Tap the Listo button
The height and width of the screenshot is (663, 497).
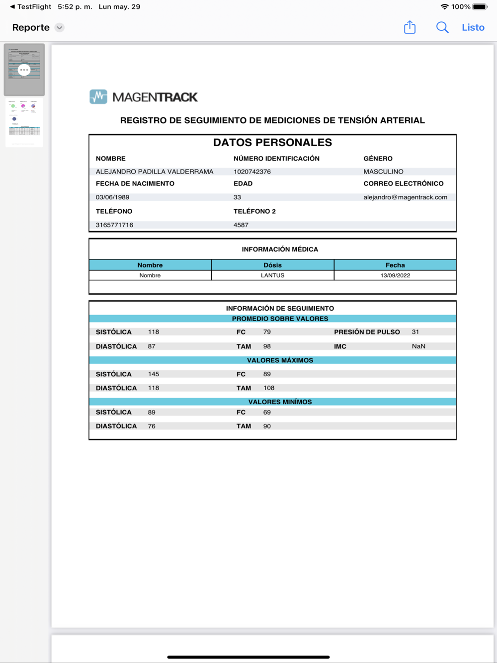(x=473, y=28)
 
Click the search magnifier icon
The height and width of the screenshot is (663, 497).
(x=442, y=28)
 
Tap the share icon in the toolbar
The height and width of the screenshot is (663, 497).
(x=410, y=27)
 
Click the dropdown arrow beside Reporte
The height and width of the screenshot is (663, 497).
(x=60, y=28)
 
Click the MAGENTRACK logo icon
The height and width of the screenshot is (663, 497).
(x=98, y=97)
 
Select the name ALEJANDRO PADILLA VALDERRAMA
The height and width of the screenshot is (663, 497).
(x=154, y=171)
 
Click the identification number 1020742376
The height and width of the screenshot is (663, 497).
(x=252, y=171)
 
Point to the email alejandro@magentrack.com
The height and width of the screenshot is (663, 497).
(x=405, y=197)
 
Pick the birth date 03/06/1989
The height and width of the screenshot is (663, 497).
(x=112, y=197)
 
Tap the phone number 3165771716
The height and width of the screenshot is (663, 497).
(x=114, y=225)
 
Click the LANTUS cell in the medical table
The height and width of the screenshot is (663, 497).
(x=272, y=275)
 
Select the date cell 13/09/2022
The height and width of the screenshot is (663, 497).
(x=395, y=275)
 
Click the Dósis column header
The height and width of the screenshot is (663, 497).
(x=272, y=265)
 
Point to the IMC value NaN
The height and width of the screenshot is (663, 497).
(x=418, y=346)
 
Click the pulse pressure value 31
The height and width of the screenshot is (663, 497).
(x=415, y=332)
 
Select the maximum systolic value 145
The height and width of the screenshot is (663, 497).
(x=154, y=374)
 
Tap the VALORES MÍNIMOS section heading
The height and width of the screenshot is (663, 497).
(x=280, y=402)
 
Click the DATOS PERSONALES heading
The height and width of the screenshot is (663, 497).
(x=272, y=143)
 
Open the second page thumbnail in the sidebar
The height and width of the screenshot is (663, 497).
(x=24, y=122)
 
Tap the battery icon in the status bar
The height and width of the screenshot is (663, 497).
(x=480, y=7)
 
